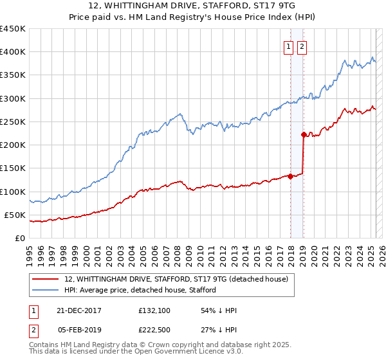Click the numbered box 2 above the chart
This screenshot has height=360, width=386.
[x=301, y=46]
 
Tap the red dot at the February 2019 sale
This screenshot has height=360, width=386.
[x=303, y=134]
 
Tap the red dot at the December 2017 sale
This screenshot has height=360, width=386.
[x=290, y=176]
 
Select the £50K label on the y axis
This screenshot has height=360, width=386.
[x=15, y=215]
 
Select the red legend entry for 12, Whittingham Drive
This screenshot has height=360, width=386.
[x=180, y=279]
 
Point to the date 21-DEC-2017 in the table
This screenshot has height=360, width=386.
[x=78, y=310]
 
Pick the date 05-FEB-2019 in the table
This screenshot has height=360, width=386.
[x=78, y=330]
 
